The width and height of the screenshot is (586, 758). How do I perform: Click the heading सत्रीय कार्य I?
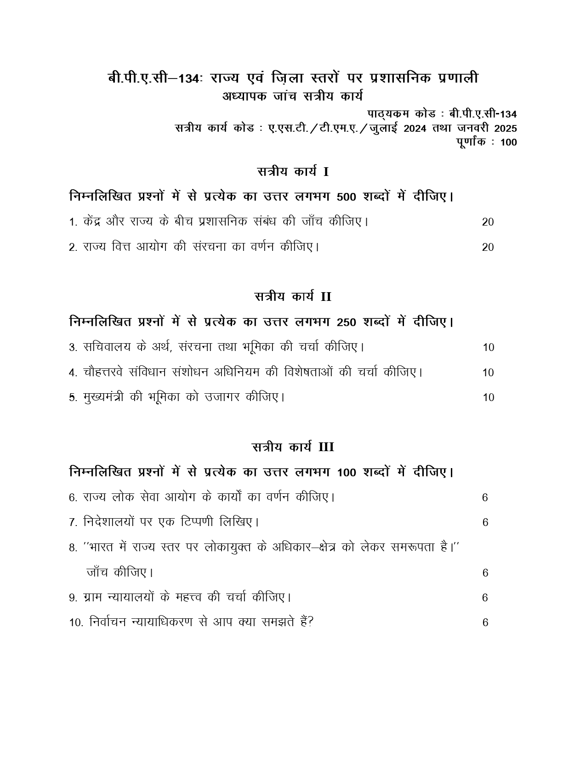(293, 172)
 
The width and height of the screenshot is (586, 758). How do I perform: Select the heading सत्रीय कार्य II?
(293, 297)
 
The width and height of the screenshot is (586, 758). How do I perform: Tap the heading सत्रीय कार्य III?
(293, 447)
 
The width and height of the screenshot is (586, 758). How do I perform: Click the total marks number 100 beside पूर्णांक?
(508, 142)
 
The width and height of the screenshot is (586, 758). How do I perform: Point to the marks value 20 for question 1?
(488, 222)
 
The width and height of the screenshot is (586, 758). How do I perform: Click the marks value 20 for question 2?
(488, 248)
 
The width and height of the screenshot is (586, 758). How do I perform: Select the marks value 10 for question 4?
(488, 373)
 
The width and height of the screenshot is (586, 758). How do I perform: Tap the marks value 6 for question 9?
(485, 598)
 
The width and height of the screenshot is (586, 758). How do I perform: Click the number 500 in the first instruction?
(347, 198)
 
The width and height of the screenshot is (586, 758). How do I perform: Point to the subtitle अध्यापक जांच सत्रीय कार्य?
(293, 96)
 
